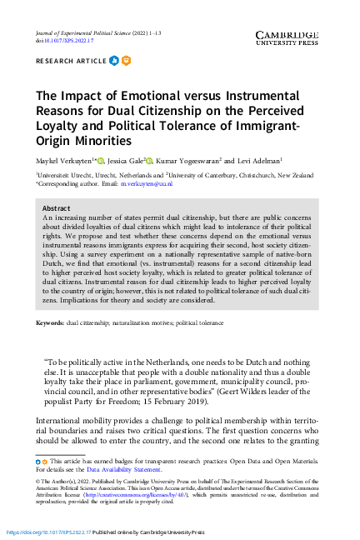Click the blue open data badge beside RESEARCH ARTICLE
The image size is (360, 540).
point(114,60)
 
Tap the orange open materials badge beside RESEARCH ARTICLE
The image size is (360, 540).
point(126,60)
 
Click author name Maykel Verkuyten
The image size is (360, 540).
point(66,159)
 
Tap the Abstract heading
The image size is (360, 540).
point(56,208)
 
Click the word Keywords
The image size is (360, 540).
point(52,322)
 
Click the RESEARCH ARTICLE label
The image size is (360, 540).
point(70,61)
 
